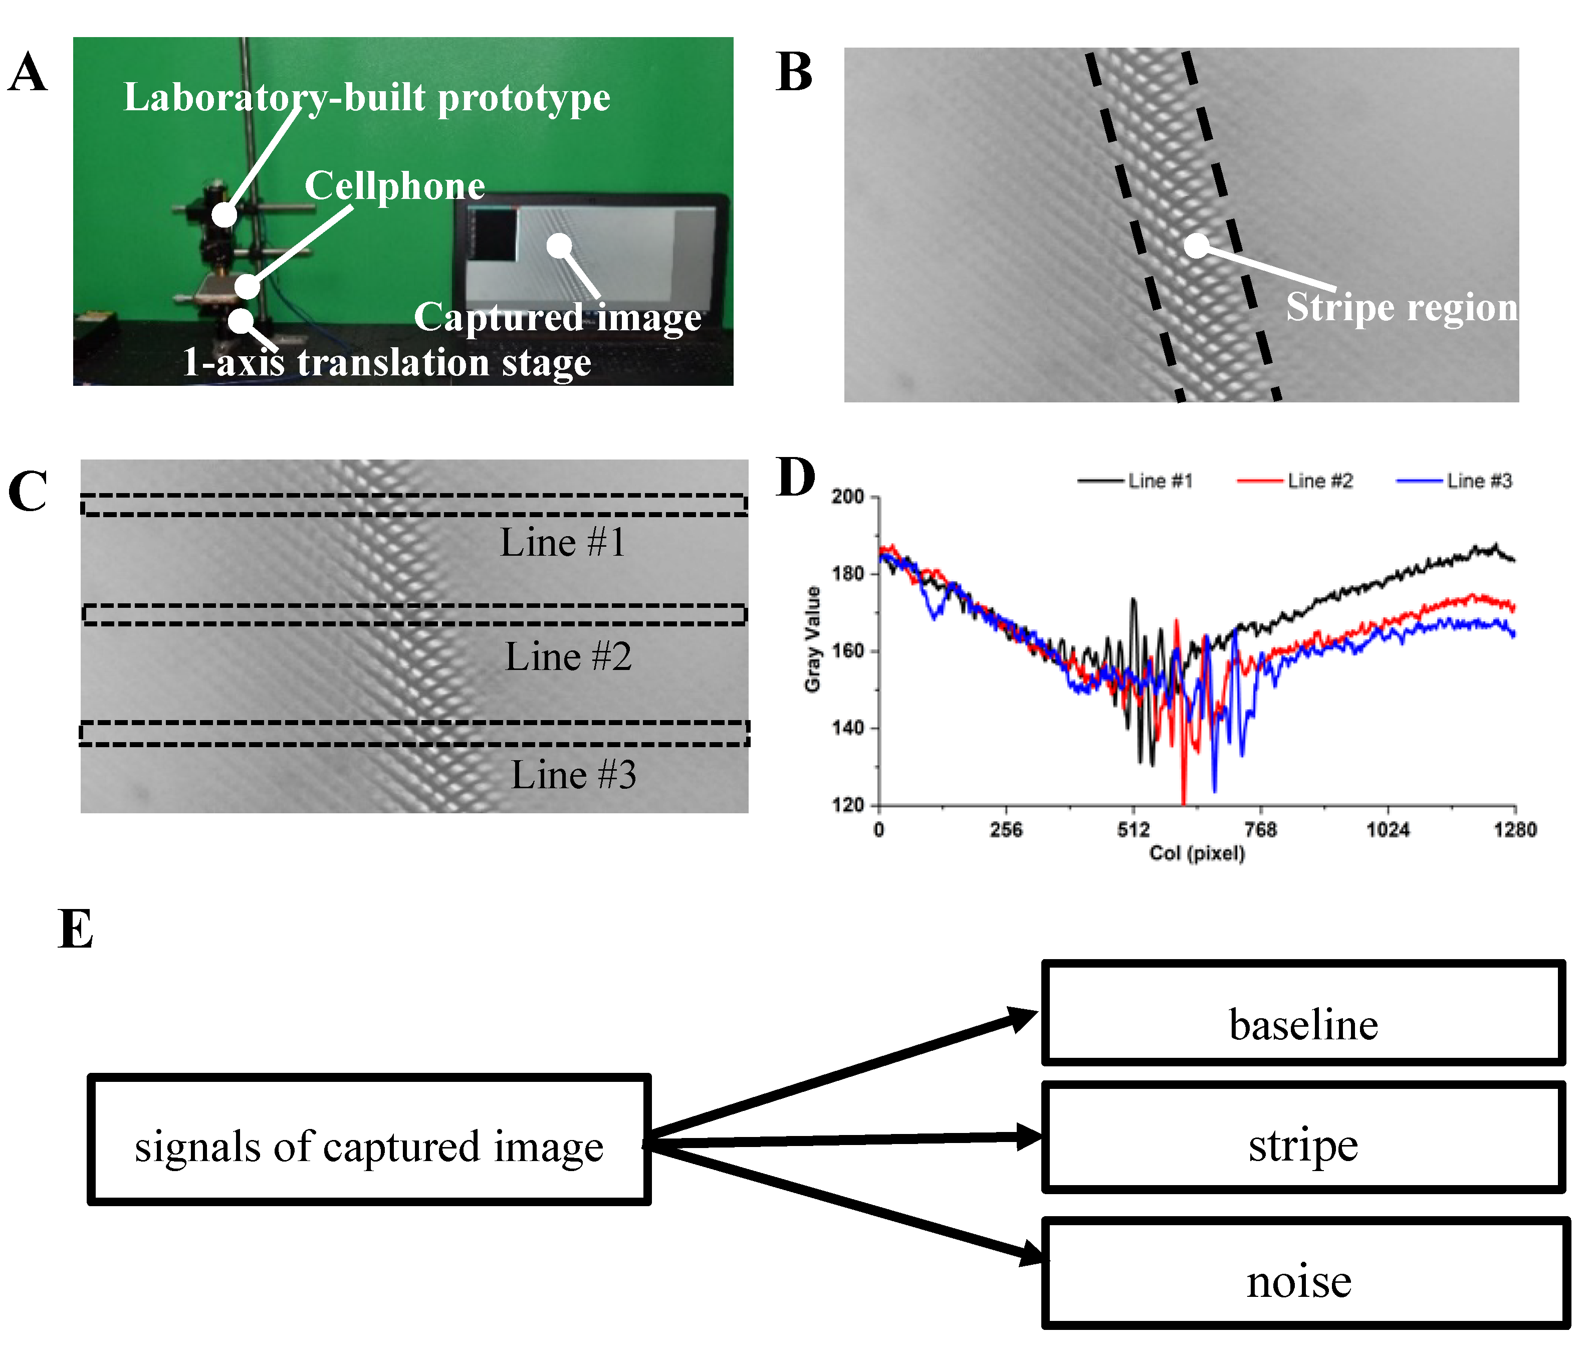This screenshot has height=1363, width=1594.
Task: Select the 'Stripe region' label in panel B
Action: point(1401,307)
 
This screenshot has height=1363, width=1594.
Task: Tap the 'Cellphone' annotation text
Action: point(395,186)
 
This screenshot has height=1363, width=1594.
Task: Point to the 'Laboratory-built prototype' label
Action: point(367,98)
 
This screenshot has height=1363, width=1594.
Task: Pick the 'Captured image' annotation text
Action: point(557,317)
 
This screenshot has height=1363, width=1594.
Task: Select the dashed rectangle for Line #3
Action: point(414,733)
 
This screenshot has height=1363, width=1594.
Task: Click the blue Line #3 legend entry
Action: point(1454,481)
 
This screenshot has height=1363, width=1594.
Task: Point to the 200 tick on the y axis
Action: point(848,497)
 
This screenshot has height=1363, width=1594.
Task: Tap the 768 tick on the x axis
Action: point(1260,830)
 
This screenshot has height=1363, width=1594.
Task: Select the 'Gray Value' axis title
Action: point(812,639)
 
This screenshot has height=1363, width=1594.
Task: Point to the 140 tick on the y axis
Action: point(848,728)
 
